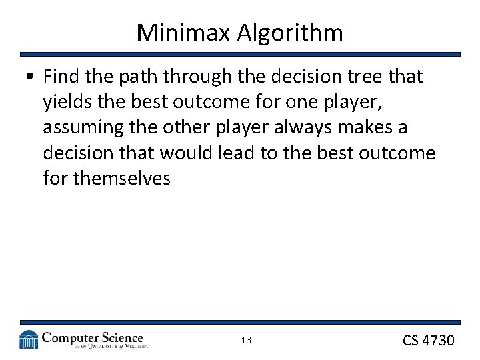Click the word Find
pyautogui.click(x=62, y=77)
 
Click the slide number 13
pyautogui.click(x=246, y=341)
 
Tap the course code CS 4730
pyautogui.click(x=428, y=341)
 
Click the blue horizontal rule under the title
pyautogui.click(x=240, y=54)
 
